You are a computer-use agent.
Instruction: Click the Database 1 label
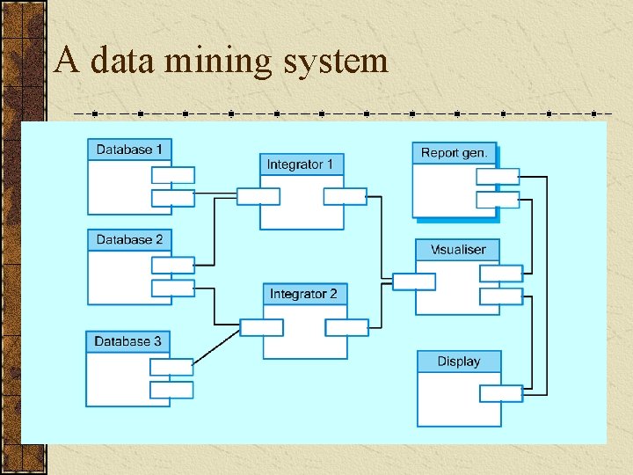tap(129, 150)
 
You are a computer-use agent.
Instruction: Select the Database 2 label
tap(129, 239)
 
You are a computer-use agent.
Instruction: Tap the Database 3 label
tap(128, 341)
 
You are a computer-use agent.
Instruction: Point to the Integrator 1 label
tap(300, 164)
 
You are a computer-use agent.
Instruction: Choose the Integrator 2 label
tap(303, 294)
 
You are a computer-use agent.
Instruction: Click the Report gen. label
tap(454, 153)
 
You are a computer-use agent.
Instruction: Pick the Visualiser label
tap(458, 250)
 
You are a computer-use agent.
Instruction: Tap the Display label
tap(459, 362)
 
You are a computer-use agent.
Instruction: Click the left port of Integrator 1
tap(258, 196)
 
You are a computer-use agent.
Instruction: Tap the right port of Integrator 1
tap(346, 196)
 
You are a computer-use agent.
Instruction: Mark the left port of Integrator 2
tap(262, 327)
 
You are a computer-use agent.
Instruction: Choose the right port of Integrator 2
tap(346, 327)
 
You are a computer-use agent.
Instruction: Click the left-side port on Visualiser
tap(413, 281)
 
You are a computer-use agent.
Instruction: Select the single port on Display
tap(501, 393)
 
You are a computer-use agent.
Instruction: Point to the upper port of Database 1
tap(173, 175)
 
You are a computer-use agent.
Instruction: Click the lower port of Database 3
tap(171, 390)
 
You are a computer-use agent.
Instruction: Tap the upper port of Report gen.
tap(498, 176)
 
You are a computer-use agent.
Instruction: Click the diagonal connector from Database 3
tap(216, 347)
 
